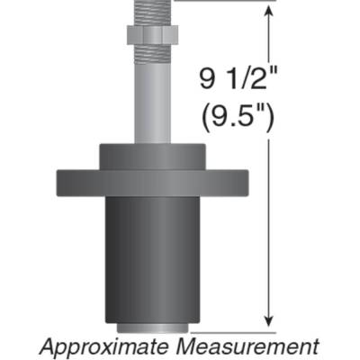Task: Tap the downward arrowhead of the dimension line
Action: (267, 322)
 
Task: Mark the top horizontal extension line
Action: (225, 1)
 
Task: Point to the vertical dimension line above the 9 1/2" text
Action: (267, 40)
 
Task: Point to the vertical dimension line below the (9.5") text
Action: (267, 225)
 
